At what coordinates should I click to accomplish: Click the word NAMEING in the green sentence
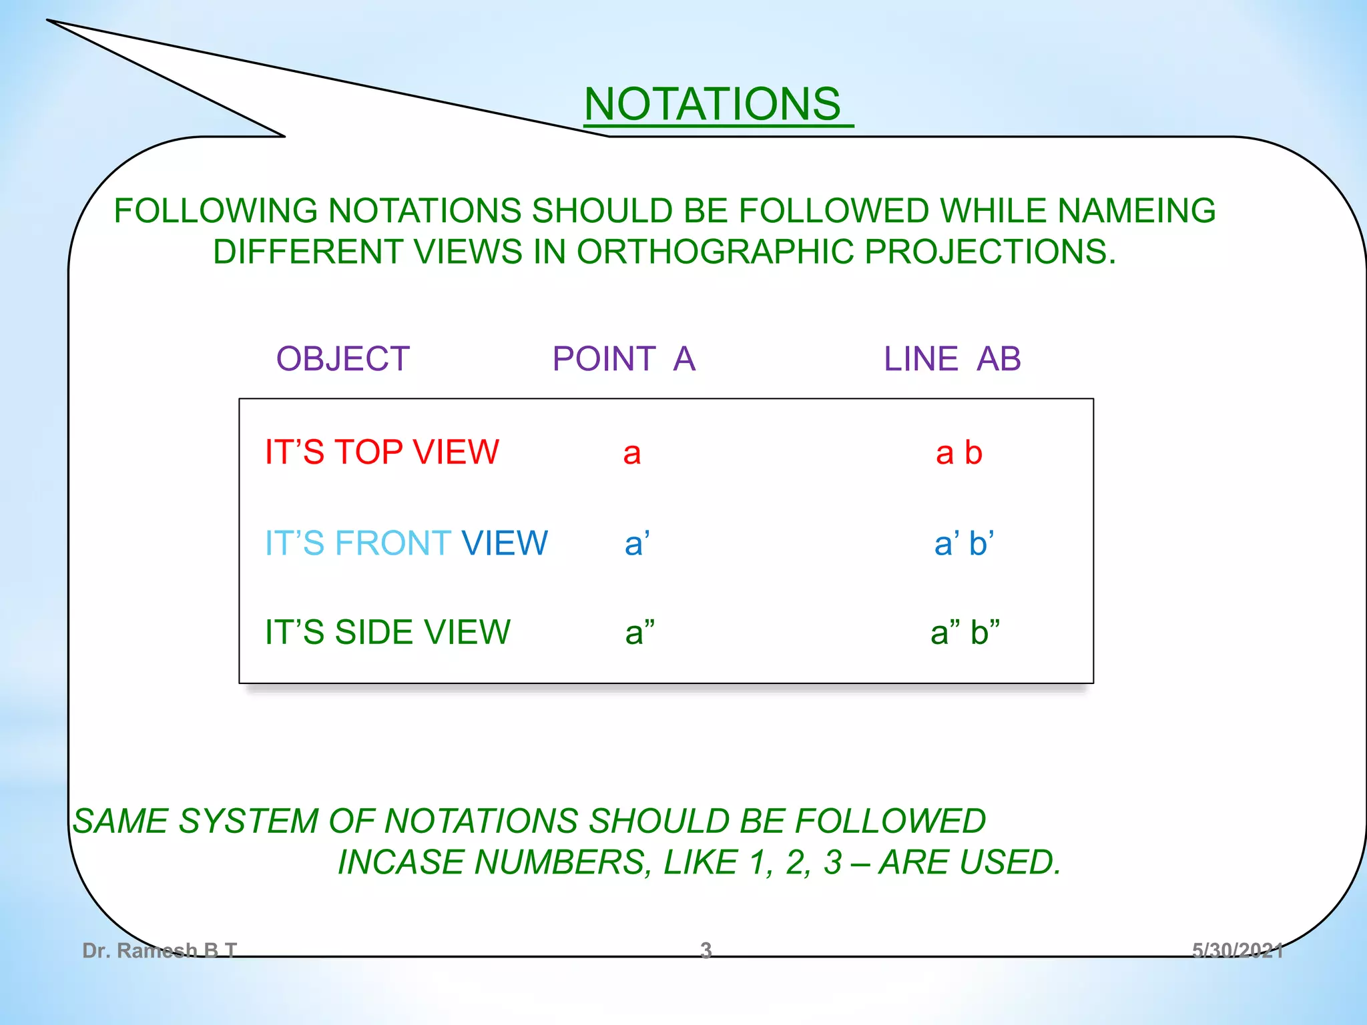(1137, 211)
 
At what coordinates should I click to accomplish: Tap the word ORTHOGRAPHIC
(715, 252)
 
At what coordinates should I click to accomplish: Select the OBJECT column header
(343, 359)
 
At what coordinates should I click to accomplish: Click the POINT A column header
(624, 359)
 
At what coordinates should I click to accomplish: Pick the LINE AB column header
(952, 359)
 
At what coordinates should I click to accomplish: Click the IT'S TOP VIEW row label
(382, 452)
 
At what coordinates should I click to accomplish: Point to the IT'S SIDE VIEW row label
(387, 632)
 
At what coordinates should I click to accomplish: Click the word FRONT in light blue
(393, 543)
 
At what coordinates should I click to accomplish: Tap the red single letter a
(632, 454)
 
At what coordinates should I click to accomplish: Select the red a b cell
(959, 454)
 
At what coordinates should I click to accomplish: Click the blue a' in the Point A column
(637, 543)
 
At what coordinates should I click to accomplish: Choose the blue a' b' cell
(964, 543)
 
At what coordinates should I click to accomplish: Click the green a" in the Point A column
(639, 632)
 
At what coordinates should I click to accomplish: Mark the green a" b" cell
(965, 632)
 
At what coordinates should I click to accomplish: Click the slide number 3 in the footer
(706, 950)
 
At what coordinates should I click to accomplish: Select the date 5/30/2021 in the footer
(1237, 950)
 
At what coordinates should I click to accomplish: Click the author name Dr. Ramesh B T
(160, 950)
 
